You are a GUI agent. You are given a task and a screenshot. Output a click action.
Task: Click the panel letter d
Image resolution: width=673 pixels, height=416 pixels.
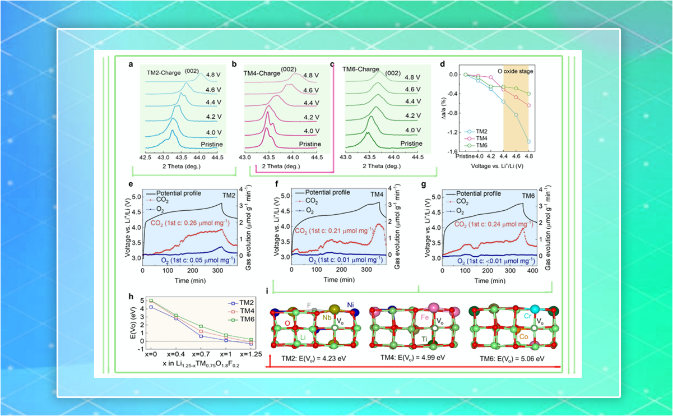point(442,64)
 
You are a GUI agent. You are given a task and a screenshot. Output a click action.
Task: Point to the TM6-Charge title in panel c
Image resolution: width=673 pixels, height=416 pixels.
point(360,70)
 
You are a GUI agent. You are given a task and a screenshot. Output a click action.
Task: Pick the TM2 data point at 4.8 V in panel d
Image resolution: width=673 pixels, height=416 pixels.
point(528,142)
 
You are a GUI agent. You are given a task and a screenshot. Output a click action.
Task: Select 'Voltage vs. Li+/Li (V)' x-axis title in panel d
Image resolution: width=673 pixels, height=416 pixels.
point(494,167)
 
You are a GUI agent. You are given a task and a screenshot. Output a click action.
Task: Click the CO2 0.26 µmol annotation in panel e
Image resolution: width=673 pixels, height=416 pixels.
point(184,223)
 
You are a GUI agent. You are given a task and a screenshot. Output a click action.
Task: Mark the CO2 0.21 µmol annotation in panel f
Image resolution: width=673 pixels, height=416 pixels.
point(333,230)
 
